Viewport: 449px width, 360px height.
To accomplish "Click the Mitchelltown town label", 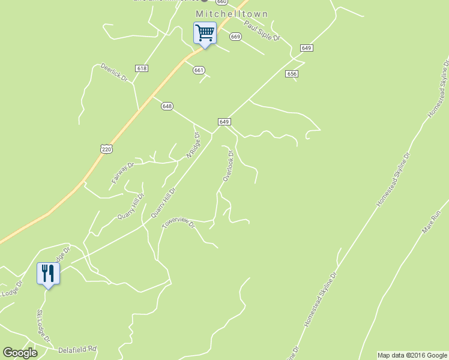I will click(x=232, y=14).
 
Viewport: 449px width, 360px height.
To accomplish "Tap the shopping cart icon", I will click(x=205, y=33).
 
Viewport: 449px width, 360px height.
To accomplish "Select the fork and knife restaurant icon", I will click(x=47, y=274).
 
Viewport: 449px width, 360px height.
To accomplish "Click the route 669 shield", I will click(x=235, y=37).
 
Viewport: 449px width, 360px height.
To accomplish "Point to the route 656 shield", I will click(x=292, y=73).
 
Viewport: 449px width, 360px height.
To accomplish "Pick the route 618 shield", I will click(x=142, y=68).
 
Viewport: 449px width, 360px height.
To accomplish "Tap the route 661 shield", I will click(x=199, y=70).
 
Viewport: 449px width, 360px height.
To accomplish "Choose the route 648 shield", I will click(x=167, y=106).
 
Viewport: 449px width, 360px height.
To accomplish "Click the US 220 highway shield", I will click(x=106, y=148).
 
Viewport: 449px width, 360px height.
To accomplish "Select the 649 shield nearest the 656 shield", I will click(x=306, y=47).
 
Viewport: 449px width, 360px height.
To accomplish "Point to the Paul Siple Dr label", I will click(x=262, y=31).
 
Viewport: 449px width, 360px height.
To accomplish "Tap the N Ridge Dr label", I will click(x=193, y=146).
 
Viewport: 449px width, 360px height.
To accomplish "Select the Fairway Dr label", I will click(x=122, y=172).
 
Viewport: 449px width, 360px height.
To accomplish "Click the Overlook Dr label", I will click(x=228, y=166).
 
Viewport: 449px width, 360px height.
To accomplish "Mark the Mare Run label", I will click(x=432, y=222).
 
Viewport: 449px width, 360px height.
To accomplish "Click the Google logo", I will click(x=20, y=353).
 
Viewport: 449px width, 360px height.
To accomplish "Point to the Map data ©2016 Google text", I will click(x=412, y=355).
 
